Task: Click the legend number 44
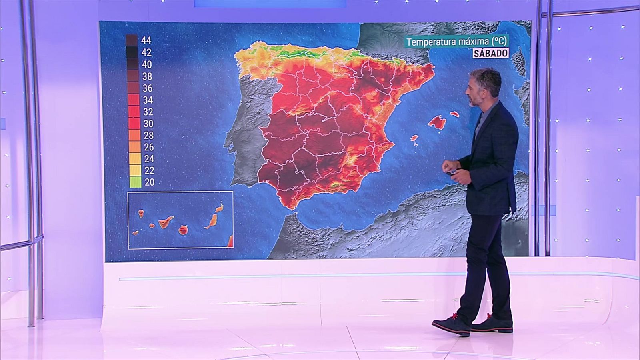point(146,40)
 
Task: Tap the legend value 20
point(149,182)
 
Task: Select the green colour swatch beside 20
point(135,182)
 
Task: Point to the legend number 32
point(148,112)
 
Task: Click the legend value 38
point(147,76)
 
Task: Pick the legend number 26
point(149,147)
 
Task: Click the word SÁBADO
point(490,53)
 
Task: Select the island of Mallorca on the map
point(437,122)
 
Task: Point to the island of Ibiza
point(415,140)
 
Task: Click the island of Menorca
point(454,114)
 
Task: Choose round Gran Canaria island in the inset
point(184,230)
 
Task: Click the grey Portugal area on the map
point(244,132)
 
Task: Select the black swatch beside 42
point(132,52)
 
